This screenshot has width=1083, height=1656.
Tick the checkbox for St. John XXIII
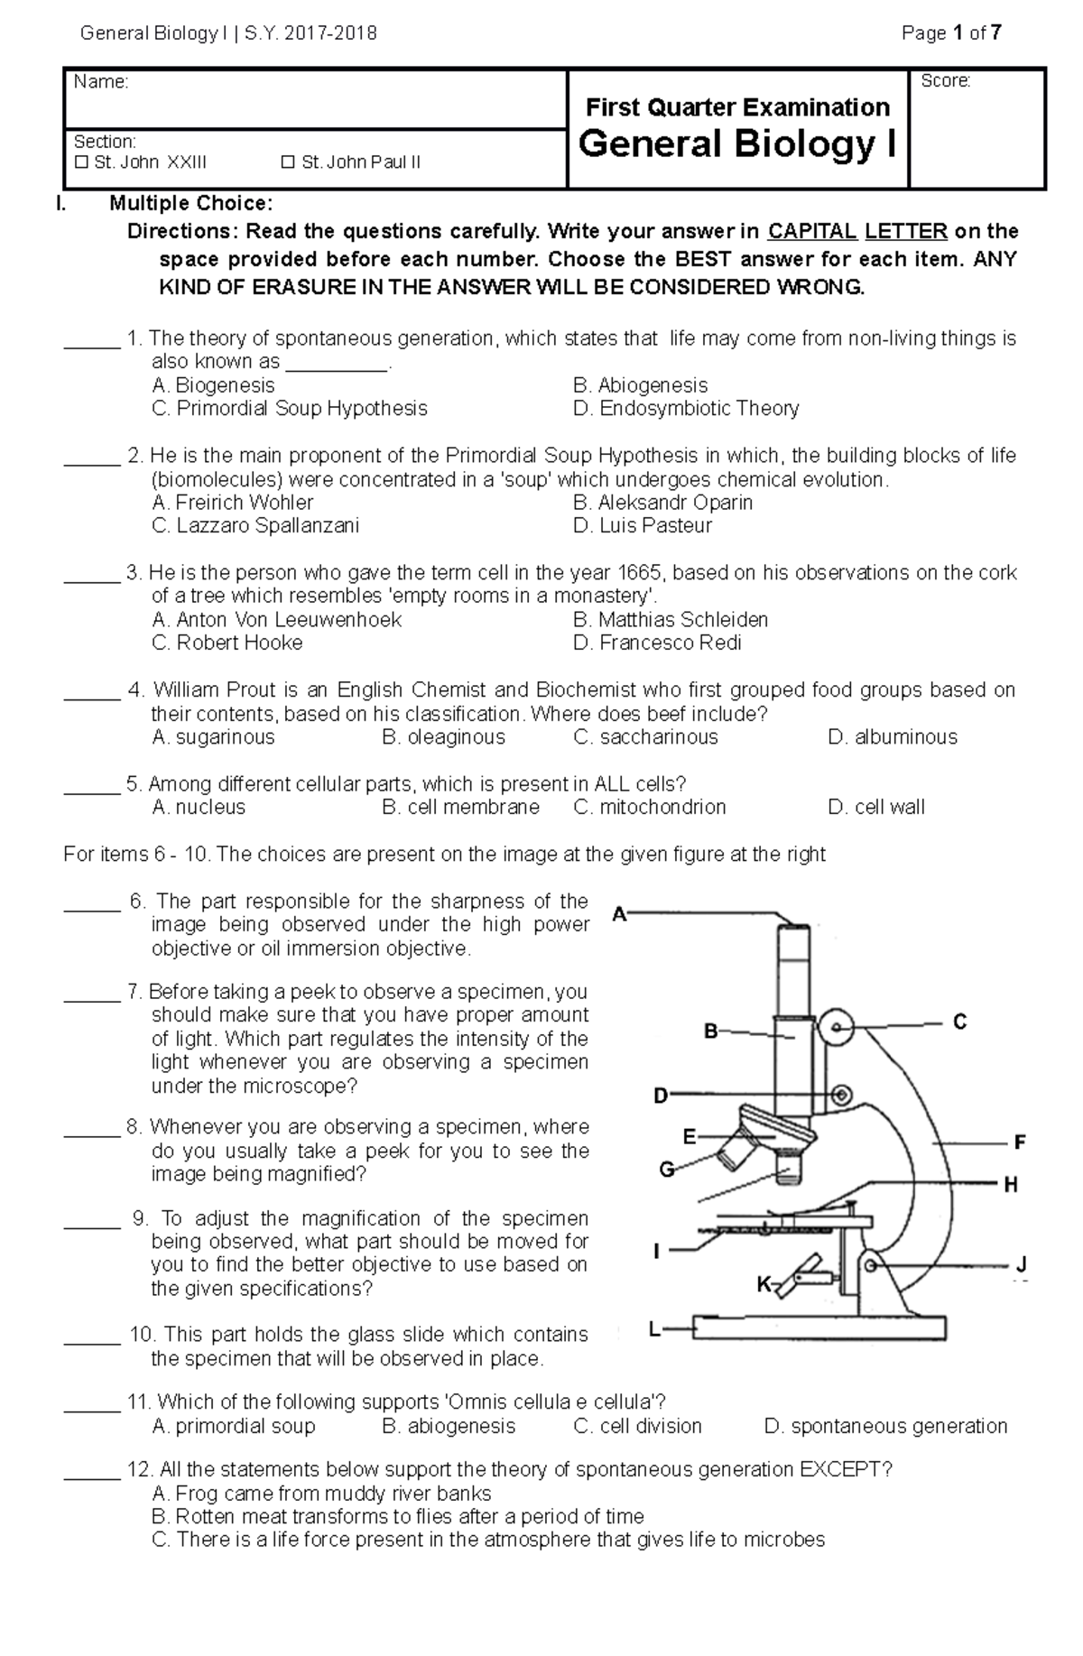pos(82,163)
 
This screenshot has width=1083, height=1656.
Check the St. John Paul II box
pos(288,163)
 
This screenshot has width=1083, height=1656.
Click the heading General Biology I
pos(737,144)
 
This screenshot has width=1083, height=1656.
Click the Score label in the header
pos(945,81)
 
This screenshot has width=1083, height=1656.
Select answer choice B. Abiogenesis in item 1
pos(640,385)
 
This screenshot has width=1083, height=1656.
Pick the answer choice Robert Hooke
pos(227,643)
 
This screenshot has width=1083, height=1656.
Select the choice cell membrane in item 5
pos(460,807)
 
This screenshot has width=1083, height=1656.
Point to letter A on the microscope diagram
pos(619,914)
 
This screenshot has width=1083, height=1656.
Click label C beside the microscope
pos(959,1022)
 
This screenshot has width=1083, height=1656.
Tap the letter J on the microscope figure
pos(1021,1265)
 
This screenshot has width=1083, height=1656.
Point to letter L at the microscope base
pos(655,1329)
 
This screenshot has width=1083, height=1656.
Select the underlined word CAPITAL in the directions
pos(812,231)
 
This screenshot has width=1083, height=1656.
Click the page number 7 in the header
pos(995,34)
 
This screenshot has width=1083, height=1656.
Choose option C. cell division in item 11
pos(637,1426)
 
